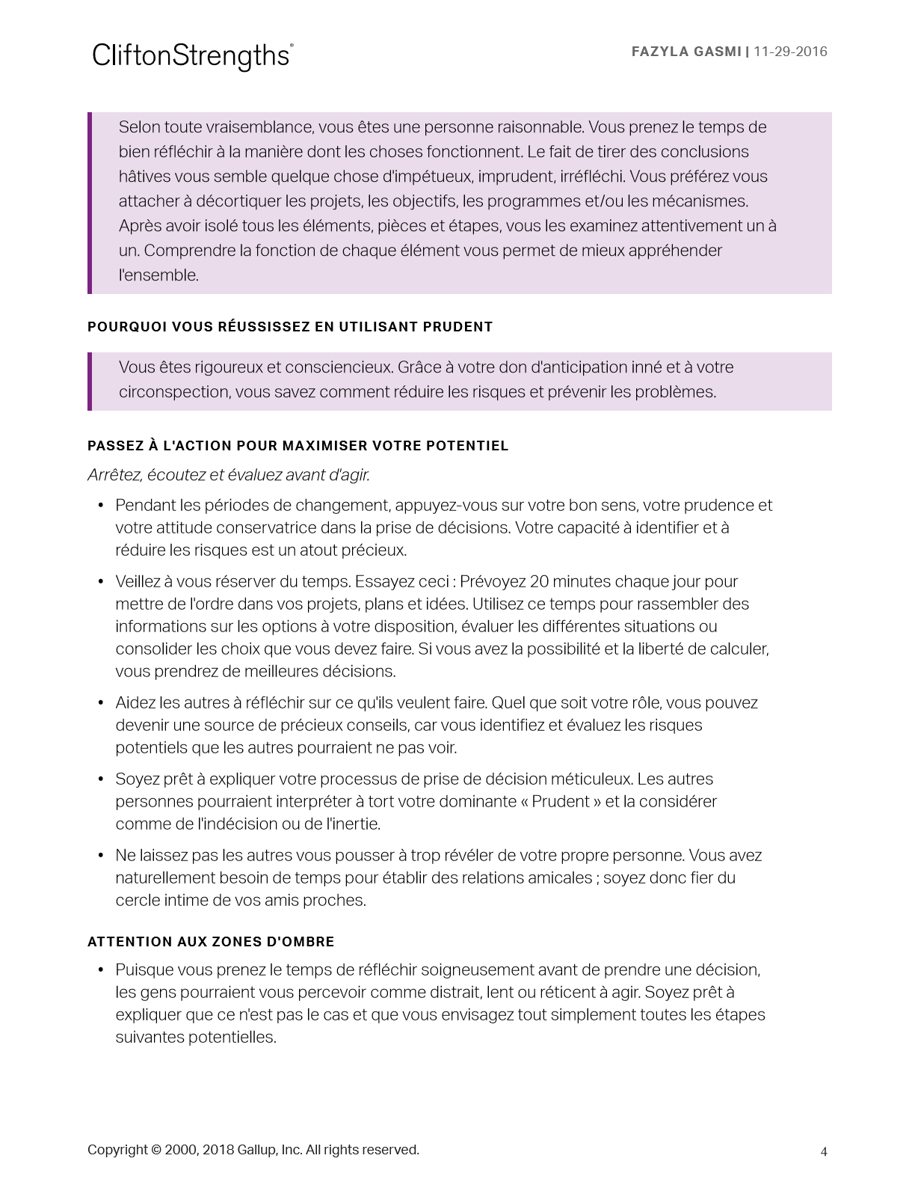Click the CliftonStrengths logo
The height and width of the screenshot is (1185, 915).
(192, 55)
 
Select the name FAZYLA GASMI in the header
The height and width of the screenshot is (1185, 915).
(686, 52)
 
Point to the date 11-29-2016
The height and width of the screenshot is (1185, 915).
(790, 52)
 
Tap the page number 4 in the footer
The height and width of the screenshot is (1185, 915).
(824, 1152)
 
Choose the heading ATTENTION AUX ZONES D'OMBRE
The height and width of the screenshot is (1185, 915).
(211, 942)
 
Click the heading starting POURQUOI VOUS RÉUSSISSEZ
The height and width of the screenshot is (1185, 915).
(290, 327)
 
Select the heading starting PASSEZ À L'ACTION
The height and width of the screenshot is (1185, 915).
(298, 446)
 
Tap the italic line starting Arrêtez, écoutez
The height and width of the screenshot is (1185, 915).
(229, 475)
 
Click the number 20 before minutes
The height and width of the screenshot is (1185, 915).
(539, 582)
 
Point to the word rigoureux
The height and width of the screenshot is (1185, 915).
(228, 367)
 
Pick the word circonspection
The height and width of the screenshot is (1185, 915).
(173, 392)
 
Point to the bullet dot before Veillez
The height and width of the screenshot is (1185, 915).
(101, 582)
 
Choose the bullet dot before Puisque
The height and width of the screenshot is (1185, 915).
(101, 970)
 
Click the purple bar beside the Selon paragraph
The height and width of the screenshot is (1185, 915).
(90, 203)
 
